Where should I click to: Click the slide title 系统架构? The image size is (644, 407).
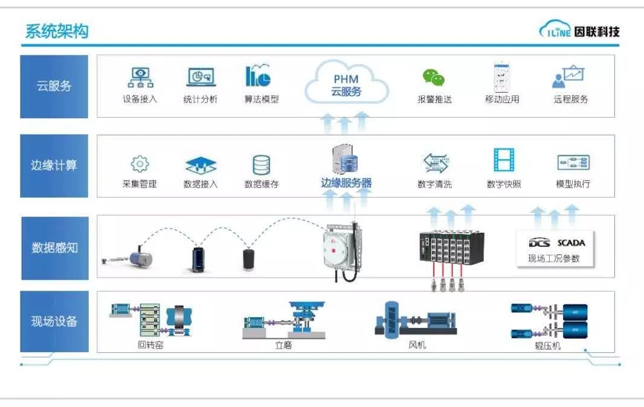tap(57, 31)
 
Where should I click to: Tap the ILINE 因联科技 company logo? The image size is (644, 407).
tap(579, 31)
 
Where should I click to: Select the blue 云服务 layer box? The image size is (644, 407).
tap(54, 86)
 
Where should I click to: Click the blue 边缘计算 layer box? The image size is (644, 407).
tap(54, 165)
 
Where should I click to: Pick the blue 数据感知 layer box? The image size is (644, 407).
tap(54, 247)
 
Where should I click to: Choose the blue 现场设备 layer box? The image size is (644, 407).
tap(54, 321)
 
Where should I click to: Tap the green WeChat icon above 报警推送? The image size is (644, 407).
tap(434, 77)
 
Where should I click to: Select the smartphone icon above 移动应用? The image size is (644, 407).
tap(501, 76)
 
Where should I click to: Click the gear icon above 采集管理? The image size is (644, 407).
tap(140, 163)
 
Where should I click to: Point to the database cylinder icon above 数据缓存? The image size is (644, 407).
tap(261, 164)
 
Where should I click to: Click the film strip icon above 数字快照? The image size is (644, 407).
tap(503, 160)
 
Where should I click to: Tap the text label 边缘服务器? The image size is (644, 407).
tap(346, 183)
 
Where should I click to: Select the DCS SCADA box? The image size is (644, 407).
tap(556, 247)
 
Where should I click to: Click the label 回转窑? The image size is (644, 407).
tap(150, 345)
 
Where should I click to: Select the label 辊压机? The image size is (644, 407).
tap(548, 346)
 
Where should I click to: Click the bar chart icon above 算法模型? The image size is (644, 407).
tap(258, 76)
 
